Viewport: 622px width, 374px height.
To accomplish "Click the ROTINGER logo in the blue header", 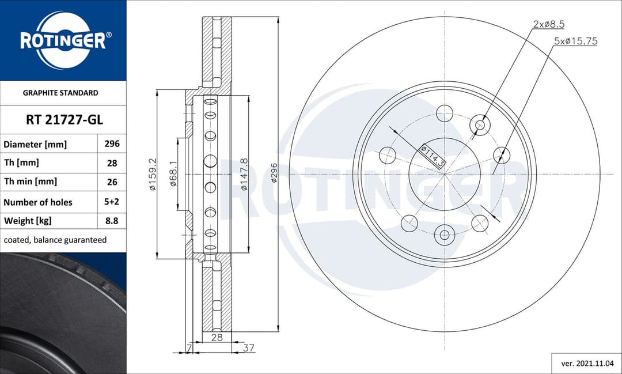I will (63, 40).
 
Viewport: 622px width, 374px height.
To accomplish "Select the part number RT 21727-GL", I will (64, 120).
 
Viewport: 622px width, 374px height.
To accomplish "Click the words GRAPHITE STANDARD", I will (60, 92).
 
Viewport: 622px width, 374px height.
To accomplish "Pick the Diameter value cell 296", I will (112, 144).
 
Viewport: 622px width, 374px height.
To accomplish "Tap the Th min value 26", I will (112, 182).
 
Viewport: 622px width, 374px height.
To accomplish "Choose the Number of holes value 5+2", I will (112, 202).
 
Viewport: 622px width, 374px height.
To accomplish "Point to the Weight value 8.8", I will (112, 221).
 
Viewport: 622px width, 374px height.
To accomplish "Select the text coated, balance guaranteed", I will (55, 240).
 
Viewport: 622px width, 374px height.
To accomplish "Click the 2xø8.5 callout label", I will (548, 24).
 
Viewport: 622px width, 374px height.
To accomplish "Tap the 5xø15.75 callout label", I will (575, 41).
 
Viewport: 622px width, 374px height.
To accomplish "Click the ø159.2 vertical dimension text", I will (153, 175).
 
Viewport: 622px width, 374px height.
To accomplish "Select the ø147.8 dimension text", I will (244, 175).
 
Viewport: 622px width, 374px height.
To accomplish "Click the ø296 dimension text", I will (274, 173).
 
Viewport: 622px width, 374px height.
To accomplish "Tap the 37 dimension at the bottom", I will (249, 347).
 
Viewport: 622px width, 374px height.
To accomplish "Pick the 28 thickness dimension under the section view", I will (217, 338).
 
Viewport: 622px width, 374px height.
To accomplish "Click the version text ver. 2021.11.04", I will (586, 364).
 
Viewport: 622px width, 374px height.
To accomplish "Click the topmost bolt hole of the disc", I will (445, 113).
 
